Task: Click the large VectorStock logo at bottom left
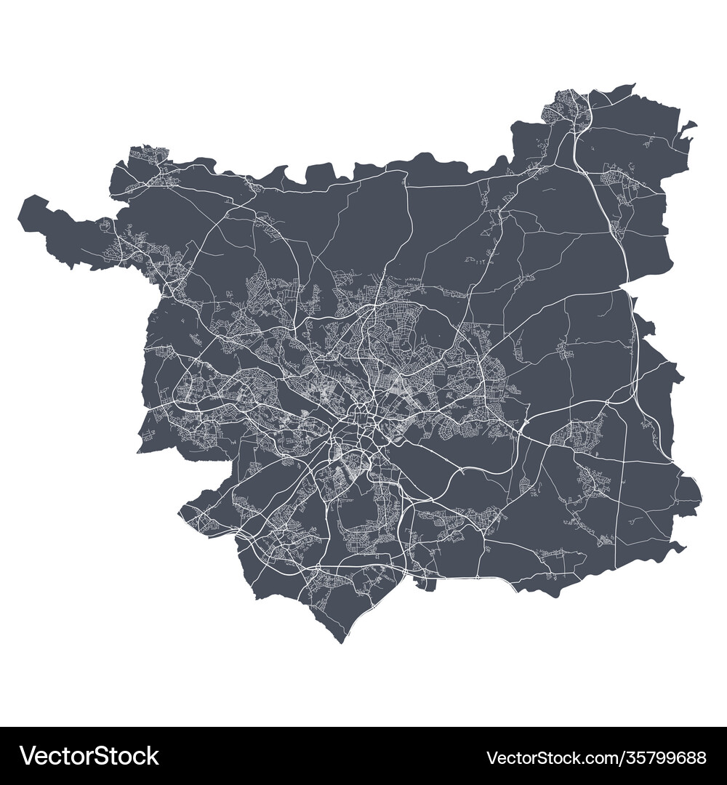point(90,757)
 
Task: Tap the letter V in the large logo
point(28,757)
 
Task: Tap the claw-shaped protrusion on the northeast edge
point(686,129)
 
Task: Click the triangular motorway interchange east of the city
point(524,424)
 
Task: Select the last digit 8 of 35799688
point(702,758)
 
